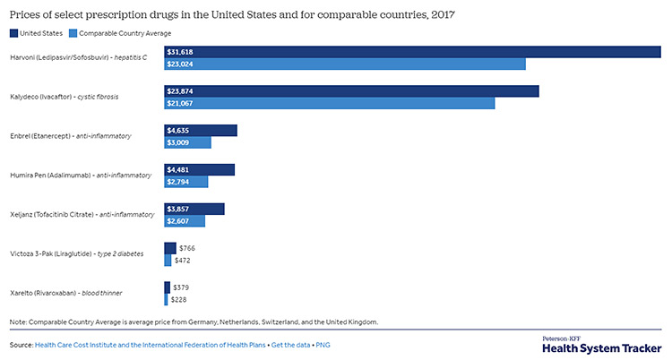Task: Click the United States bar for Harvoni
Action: pos(412,52)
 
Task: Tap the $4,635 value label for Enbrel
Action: pos(178,131)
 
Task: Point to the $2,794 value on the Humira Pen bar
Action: pos(178,182)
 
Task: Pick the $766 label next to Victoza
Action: pos(187,247)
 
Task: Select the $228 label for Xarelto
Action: pos(181,300)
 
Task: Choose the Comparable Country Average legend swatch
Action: pos(73,33)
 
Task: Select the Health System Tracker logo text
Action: pos(602,347)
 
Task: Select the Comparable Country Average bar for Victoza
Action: pos(168,261)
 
